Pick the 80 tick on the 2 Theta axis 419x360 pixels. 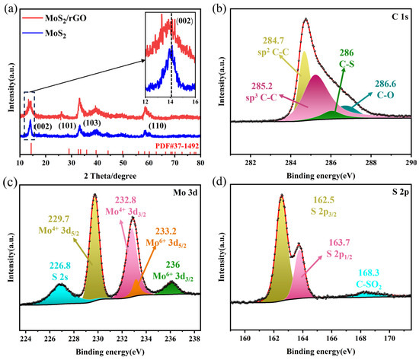coord(200,162)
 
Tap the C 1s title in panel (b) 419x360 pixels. coord(392,18)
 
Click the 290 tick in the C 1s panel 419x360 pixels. coord(410,162)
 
